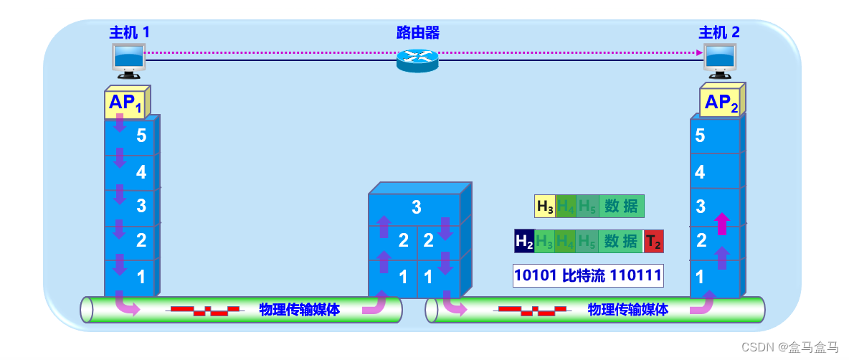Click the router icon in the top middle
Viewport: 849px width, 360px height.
(417, 60)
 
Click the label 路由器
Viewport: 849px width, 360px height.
(417, 32)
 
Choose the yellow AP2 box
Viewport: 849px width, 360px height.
(720, 103)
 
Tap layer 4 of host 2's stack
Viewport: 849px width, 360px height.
(715, 172)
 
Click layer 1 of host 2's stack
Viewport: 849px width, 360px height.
(715, 276)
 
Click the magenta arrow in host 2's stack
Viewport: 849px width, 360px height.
(722, 222)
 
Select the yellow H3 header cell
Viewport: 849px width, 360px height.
(545, 207)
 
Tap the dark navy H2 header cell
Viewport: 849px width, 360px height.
(524, 242)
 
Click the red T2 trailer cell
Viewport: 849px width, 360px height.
(653, 242)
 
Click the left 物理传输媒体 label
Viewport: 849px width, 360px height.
(299, 310)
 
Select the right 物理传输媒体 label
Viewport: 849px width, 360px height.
(627, 310)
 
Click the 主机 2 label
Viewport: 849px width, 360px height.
(719, 32)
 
